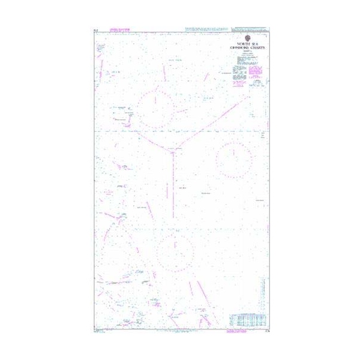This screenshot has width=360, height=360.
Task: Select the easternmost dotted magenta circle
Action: tap(234, 160)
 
